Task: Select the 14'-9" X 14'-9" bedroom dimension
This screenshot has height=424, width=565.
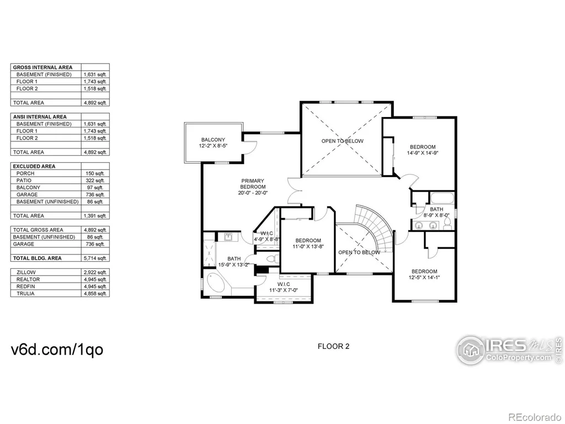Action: coord(423,153)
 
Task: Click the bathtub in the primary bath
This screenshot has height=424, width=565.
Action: coord(212,284)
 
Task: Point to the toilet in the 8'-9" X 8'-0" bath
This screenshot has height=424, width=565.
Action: coord(447,224)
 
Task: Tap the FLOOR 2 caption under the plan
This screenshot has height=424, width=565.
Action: coord(333,347)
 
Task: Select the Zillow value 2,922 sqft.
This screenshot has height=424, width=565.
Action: coord(95,272)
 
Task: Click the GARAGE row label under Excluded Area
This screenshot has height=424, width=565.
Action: coord(27,195)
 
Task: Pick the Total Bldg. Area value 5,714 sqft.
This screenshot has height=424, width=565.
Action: coord(95,258)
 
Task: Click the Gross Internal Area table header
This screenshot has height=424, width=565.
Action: coord(42,67)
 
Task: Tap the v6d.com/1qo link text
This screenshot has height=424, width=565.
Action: coord(57,349)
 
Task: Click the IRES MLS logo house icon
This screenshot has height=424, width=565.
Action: coord(470,349)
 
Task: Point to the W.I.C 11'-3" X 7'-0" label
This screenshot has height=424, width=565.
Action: coord(284,287)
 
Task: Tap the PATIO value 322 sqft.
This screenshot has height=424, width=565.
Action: coord(95,181)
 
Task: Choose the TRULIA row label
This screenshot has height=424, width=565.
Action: coord(25,294)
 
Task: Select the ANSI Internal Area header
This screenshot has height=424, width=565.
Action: coord(40,117)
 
